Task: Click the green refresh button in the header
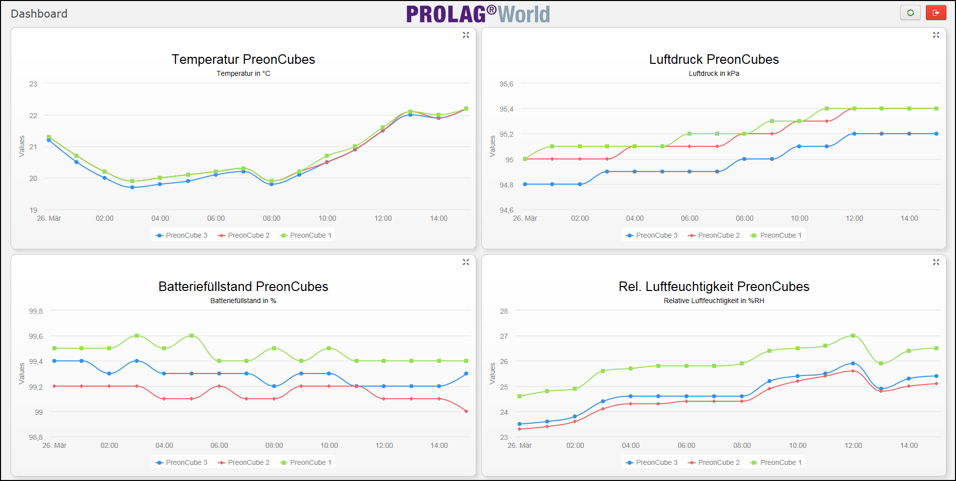(910, 13)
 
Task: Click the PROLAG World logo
(478, 14)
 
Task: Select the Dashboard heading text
(39, 14)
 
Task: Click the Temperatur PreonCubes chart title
(243, 59)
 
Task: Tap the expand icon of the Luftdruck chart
(936, 35)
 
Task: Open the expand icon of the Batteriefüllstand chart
(466, 262)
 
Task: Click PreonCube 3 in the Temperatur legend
(182, 235)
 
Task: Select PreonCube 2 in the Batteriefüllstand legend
(244, 462)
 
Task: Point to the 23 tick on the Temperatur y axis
(33, 84)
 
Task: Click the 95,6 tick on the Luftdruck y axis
(506, 84)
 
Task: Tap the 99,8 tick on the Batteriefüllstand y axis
(36, 311)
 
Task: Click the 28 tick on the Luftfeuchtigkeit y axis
(504, 311)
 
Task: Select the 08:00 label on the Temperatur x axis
(272, 218)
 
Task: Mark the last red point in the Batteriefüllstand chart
(466, 412)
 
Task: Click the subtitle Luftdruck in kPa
(714, 73)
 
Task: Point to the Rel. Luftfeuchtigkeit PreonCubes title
(714, 286)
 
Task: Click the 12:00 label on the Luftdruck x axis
(854, 218)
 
